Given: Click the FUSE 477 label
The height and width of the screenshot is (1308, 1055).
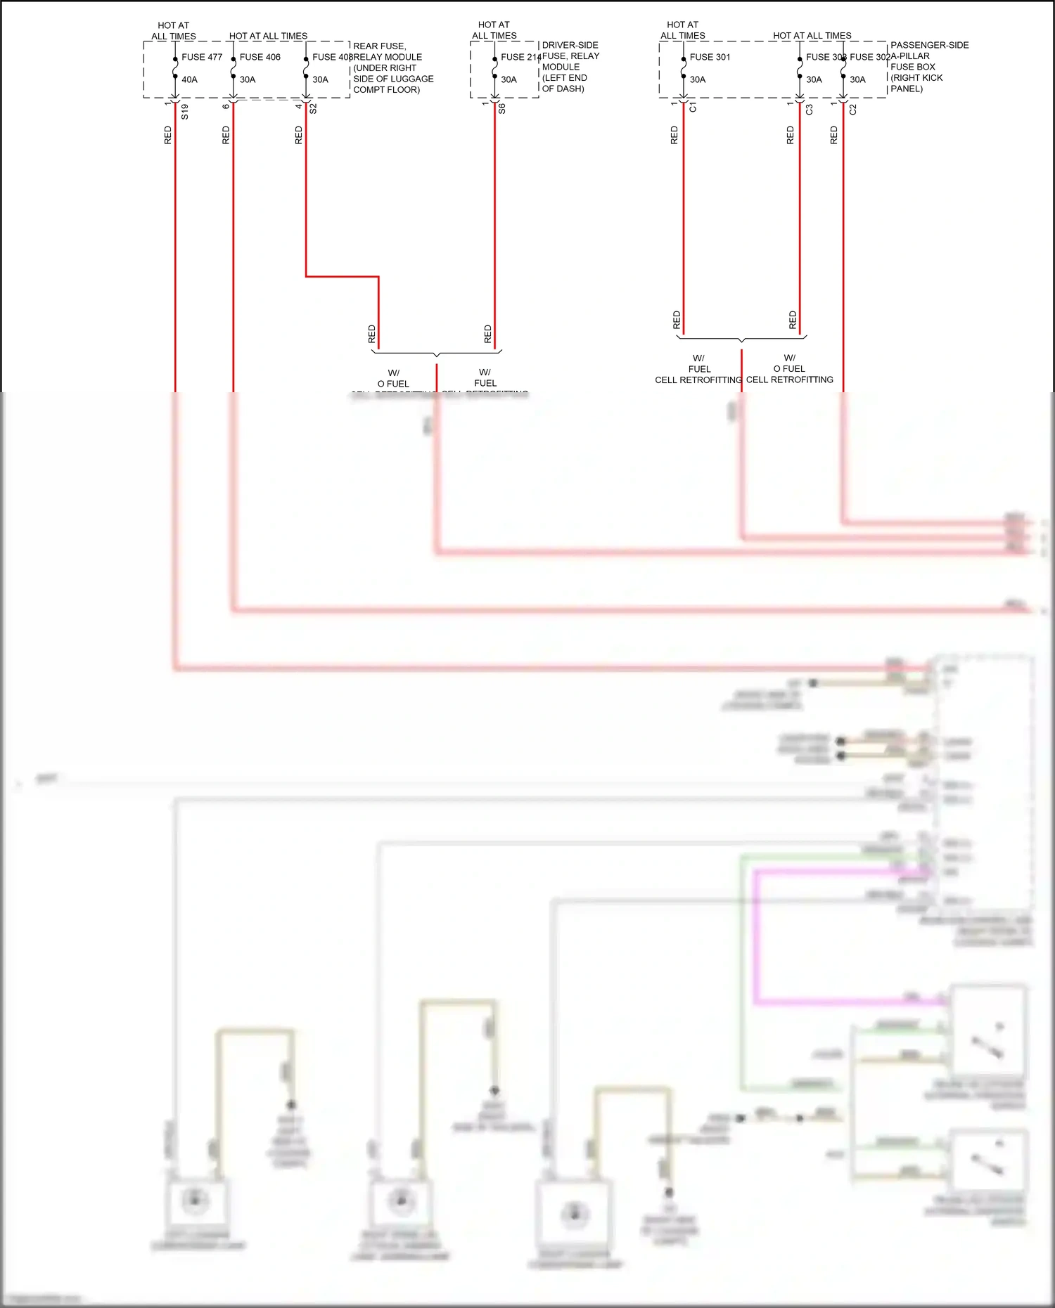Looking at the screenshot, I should (202, 57).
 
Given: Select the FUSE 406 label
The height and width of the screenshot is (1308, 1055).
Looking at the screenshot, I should (260, 57).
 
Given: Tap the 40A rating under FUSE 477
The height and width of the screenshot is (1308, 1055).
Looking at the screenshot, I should (189, 79).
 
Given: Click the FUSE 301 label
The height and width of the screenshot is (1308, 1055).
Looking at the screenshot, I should (710, 57).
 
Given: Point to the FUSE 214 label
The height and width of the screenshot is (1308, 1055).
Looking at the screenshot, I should (520, 57).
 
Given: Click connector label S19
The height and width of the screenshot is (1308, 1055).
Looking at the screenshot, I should (185, 111).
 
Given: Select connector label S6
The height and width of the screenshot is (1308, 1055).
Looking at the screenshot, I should (502, 109).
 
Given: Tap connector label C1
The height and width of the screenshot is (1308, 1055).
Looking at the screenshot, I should (693, 108).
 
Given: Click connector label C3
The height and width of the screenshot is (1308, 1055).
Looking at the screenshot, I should (810, 109).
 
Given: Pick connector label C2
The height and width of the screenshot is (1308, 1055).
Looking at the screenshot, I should (853, 109).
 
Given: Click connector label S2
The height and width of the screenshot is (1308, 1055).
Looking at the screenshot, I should (314, 108).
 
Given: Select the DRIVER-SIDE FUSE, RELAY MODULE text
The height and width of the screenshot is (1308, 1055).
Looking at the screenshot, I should (570, 56).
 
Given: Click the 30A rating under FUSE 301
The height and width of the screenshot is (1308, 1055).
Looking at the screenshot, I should (697, 79).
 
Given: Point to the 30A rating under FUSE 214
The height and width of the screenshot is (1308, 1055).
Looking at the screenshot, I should (509, 79).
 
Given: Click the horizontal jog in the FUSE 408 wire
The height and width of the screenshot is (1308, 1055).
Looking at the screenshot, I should (343, 276).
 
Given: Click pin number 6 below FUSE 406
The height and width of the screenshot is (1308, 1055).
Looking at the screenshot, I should (226, 106).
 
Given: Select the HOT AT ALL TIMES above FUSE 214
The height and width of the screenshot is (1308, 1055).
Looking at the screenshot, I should (494, 30).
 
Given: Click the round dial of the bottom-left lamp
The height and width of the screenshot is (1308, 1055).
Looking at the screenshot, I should (196, 1200).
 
